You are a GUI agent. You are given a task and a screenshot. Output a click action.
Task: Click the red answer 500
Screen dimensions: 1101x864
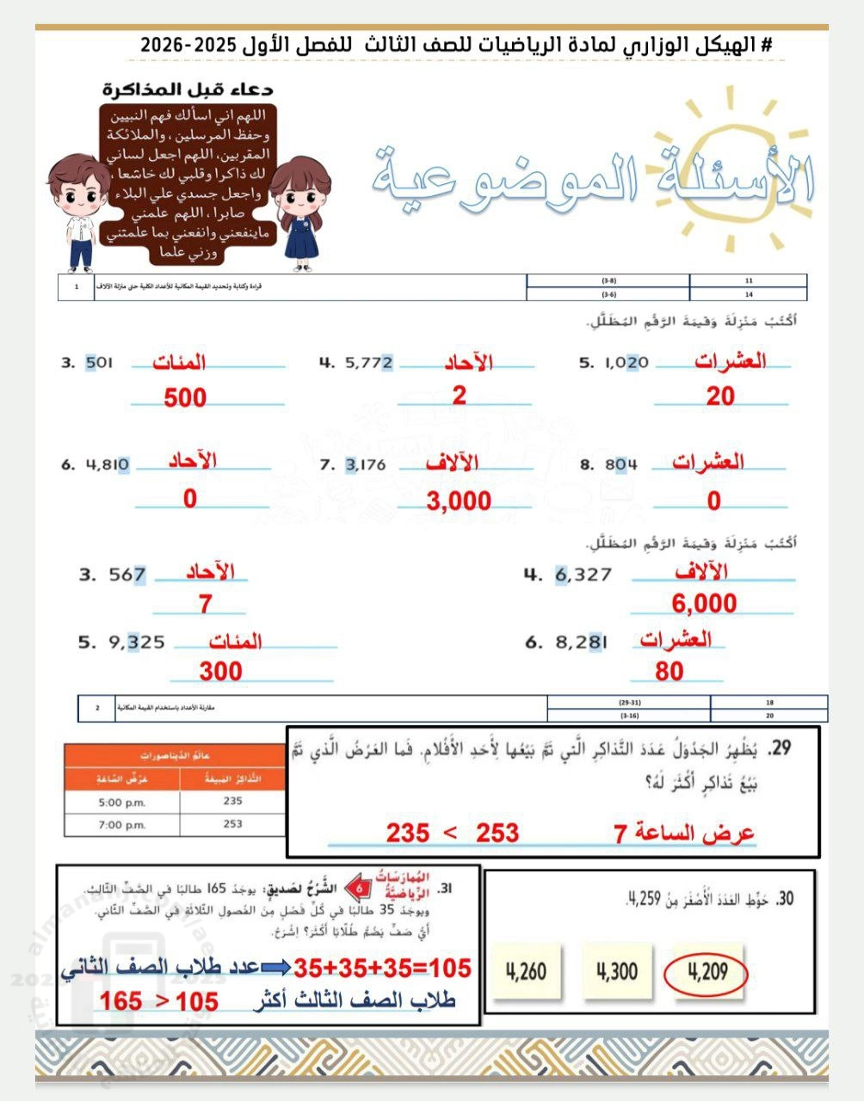[x=185, y=397]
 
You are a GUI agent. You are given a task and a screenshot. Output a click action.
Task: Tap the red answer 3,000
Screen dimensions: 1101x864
[x=459, y=501]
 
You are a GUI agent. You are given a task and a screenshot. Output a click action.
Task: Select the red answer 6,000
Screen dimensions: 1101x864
[x=704, y=604]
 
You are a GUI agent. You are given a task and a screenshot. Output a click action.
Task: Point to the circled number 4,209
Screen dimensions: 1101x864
[x=707, y=972]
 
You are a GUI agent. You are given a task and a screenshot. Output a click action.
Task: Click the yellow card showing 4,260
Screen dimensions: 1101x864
[x=526, y=972]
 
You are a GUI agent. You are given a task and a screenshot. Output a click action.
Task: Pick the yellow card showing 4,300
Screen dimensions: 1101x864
[x=616, y=972]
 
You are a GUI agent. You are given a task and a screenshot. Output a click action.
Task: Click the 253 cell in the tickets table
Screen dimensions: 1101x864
[x=232, y=824]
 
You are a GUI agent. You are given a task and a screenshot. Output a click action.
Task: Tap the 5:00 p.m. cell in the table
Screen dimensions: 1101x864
[x=122, y=802]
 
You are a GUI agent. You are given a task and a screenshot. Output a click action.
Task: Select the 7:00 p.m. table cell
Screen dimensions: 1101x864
[x=122, y=824]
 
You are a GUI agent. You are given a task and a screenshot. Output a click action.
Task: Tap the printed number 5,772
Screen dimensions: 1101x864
[x=368, y=363]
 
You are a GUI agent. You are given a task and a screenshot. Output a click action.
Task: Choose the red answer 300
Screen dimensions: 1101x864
[x=220, y=671]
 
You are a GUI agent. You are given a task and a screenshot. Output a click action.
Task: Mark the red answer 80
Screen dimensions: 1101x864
[x=669, y=671]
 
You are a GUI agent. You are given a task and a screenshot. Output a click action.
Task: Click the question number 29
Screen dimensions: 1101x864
[x=780, y=749]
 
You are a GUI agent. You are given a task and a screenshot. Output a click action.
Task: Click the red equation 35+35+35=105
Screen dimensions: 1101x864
[x=382, y=969]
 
